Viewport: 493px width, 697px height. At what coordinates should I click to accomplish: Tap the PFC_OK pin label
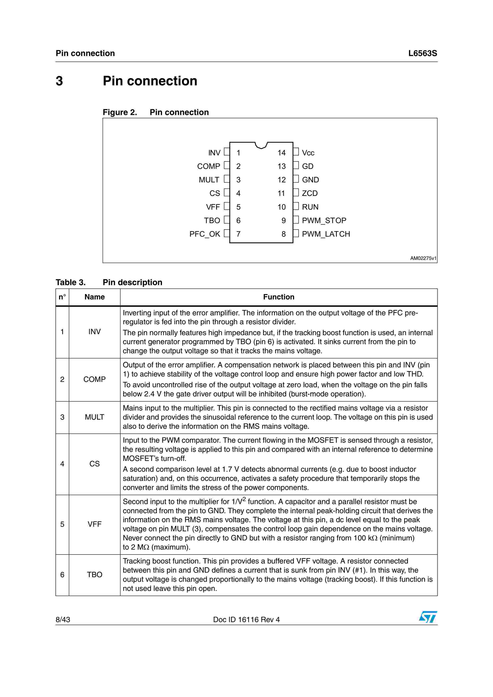click(204, 234)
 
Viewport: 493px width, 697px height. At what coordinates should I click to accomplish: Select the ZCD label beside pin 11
click(309, 193)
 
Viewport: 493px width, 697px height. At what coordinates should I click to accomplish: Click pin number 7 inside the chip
click(238, 234)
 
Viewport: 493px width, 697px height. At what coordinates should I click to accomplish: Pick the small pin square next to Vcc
click(296, 152)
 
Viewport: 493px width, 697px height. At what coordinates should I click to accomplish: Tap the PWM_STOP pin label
click(324, 220)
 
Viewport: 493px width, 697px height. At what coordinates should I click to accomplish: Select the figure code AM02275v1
click(423, 258)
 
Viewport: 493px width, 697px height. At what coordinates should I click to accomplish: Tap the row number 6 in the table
click(62, 575)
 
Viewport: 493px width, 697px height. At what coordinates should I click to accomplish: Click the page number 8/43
click(63, 620)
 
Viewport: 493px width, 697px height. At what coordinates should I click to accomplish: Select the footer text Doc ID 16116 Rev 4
click(246, 620)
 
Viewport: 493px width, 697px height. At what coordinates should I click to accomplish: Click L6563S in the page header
click(423, 53)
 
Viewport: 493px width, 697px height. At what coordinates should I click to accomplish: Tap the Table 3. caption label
click(70, 282)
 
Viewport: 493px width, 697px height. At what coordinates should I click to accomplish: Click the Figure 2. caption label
click(120, 112)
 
